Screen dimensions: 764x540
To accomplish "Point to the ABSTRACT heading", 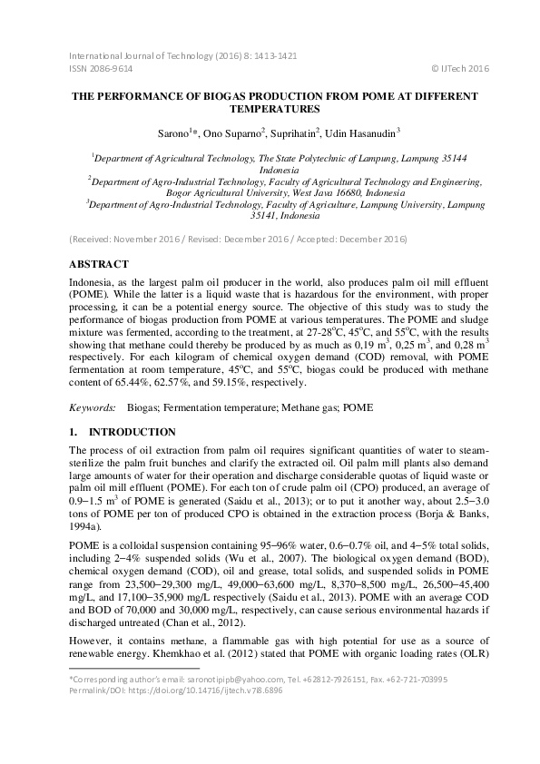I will pyautogui.click(x=102, y=263).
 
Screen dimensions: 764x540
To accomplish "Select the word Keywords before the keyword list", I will pyautogui.click(x=93, y=408).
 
